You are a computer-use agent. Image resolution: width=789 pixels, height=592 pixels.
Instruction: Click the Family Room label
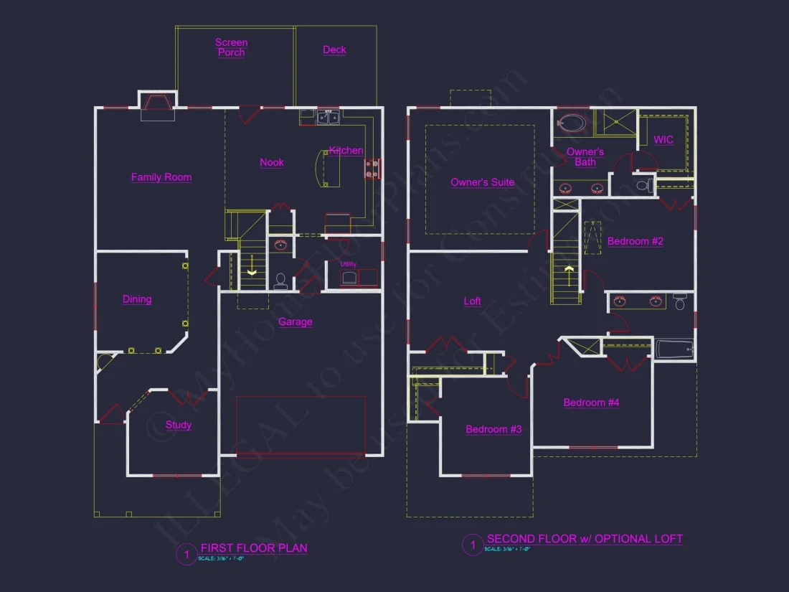pyautogui.click(x=161, y=177)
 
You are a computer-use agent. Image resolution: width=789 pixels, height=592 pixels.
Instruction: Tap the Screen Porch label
pyautogui.click(x=231, y=47)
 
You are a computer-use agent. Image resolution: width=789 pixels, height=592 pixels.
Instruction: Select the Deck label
pyautogui.click(x=334, y=50)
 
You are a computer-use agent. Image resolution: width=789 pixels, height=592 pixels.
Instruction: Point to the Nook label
pyautogui.click(x=272, y=162)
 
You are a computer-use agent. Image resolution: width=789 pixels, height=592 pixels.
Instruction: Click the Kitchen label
pyautogui.click(x=346, y=151)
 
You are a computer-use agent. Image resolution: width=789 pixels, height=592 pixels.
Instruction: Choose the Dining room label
pyautogui.click(x=137, y=299)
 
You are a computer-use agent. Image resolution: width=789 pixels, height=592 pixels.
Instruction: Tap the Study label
pyautogui.click(x=179, y=425)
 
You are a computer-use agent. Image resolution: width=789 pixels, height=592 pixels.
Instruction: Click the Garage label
pyautogui.click(x=296, y=321)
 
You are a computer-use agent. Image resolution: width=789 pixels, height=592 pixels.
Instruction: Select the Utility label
pyautogui.click(x=349, y=264)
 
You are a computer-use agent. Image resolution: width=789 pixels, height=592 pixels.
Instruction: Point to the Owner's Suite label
pyautogui.click(x=482, y=182)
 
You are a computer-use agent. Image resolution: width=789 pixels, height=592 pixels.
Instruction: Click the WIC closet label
pyautogui.click(x=663, y=140)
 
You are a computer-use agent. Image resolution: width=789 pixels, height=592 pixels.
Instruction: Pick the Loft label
pyautogui.click(x=472, y=301)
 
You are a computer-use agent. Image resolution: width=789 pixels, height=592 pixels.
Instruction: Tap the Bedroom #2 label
pyautogui.click(x=636, y=241)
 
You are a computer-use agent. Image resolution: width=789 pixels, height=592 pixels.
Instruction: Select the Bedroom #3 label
pyautogui.click(x=493, y=429)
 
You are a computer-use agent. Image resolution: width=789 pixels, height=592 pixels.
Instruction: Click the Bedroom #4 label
pyautogui.click(x=591, y=403)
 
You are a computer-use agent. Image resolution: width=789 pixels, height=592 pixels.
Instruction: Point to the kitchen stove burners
pyautogui.click(x=373, y=169)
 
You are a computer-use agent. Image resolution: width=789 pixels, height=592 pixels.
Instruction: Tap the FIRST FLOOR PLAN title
pyautogui.click(x=254, y=548)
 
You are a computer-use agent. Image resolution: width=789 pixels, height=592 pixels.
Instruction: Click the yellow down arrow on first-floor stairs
pyautogui.click(x=252, y=271)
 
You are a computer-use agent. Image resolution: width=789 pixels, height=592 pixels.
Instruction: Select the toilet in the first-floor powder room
pyautogui.click(x=280, y=279)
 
